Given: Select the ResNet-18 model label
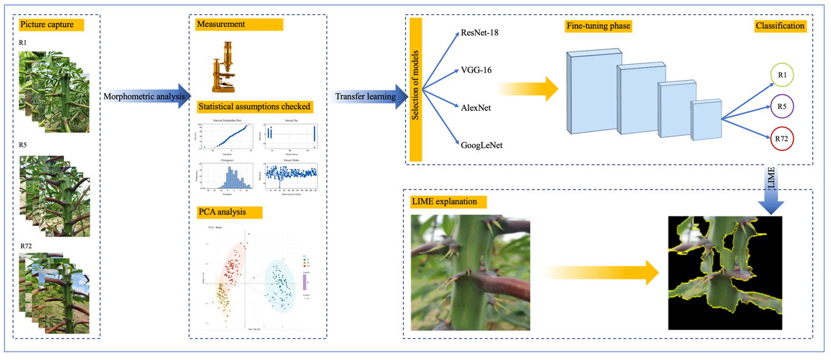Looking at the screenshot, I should (x=480, y=32).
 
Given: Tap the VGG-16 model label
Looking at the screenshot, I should (x=476, y=70).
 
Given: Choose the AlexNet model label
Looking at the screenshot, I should (x=476, y=108).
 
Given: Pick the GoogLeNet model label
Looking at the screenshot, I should (x=481, y=145).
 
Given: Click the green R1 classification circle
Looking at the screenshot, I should (x=782, y=75).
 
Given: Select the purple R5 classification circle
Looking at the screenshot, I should (x=782, y=106).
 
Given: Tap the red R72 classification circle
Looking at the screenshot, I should (x=782, y=138).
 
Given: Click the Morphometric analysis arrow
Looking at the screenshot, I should (x=146, y=96).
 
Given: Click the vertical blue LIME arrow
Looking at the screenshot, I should (x=770, y=190).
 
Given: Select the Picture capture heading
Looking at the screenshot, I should (x=47, y=25).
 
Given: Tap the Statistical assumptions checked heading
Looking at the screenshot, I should (x=255, y=106).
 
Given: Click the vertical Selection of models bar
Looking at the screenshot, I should (x=415, y=89).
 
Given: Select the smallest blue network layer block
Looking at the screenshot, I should (x=706, y=120).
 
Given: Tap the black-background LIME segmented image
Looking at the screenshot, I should (x=725, y=273).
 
